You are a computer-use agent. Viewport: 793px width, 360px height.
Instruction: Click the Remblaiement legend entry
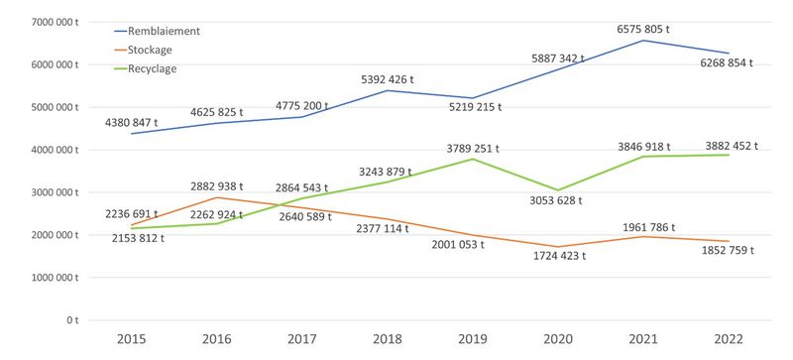point(157,31)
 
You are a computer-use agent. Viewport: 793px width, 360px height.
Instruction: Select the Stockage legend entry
point(143,51)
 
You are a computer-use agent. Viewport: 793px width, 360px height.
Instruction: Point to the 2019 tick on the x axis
point(473,339)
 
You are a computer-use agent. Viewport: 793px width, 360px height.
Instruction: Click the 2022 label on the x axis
point(729,339)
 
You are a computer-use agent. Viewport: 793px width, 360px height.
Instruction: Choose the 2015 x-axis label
point(132,339)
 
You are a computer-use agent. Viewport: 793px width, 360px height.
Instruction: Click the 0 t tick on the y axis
point(73,320)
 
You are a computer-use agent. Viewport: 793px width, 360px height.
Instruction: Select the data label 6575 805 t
point(643,30)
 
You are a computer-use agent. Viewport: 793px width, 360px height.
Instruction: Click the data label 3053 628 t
point(556,200)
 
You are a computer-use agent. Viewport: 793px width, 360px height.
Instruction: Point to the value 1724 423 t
point(559,256)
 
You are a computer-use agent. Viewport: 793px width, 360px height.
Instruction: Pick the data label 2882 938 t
point(216,186)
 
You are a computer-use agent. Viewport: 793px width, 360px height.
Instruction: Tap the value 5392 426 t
point(388,80)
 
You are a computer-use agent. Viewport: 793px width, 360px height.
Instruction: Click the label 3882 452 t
point(732,147)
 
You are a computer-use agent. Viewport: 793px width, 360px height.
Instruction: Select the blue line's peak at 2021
point(643,41)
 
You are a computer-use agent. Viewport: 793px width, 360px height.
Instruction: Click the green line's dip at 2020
point(558,190)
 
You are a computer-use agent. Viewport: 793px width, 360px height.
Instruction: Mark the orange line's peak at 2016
point(217,197)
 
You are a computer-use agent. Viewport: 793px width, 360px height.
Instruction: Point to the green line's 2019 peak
point(473,159)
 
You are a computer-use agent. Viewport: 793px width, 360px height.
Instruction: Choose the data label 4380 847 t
point(132,123)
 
